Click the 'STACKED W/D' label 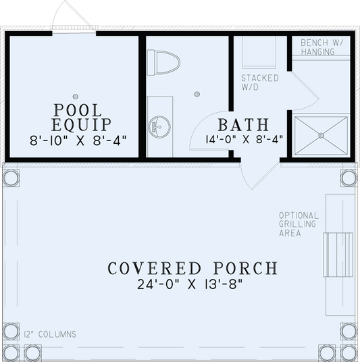(x=259, y=82)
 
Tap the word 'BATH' (x=243, y=126)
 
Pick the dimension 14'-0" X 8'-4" (x=243, y=140)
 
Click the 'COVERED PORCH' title (x=192, y=268)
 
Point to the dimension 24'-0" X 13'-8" (x=192, y=284)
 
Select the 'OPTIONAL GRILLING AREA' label (x=299, y=224)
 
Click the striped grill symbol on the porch (x=338, y=254)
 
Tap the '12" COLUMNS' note (x=49, y=334)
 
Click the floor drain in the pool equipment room (x=76, y=96)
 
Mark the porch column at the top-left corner (x=11, y=178)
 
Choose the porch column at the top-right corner (x=348, y=178)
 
